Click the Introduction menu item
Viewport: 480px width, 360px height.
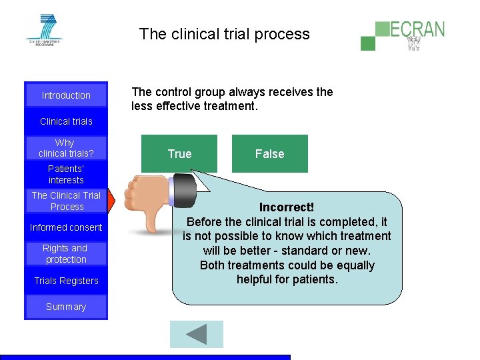pos(66,95)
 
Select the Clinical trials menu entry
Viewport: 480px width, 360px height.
pos(66,121)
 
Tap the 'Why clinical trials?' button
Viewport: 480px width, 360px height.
pos(65,148)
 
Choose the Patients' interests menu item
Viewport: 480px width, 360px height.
pos(66,175)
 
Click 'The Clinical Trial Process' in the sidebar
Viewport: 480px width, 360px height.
pos(66,201)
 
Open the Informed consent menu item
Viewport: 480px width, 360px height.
pos(66,227)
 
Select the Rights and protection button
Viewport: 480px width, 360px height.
pos(65,253)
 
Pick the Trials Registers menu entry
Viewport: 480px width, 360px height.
pos(66,281)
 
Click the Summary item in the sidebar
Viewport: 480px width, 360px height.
pos(66,307)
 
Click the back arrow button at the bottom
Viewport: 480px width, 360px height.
pos(196,334)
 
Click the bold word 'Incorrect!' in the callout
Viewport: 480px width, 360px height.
pos(287,207)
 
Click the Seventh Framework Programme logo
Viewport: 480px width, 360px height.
pos(43,29)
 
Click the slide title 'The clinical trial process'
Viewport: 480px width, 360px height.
pos(225,34)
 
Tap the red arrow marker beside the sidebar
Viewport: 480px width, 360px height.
pos(111,201)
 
